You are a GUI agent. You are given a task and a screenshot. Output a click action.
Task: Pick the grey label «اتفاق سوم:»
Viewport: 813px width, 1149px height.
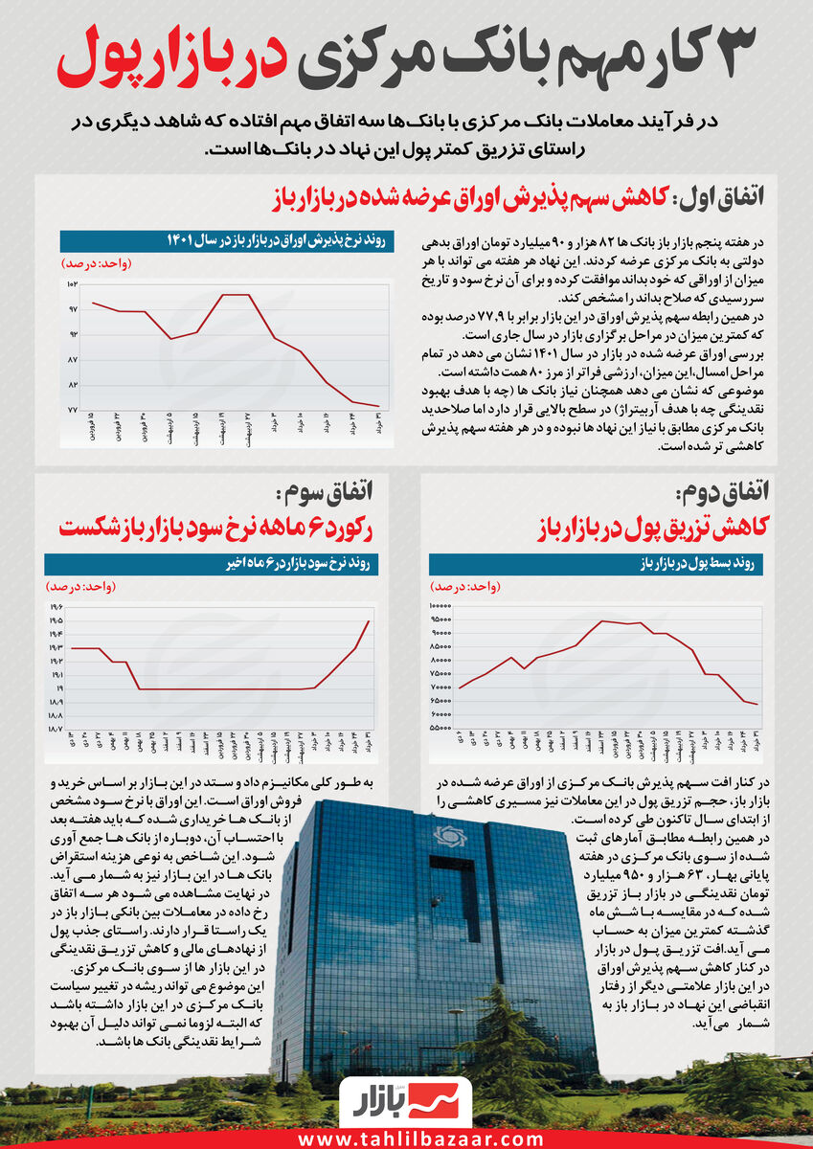pos(327,494)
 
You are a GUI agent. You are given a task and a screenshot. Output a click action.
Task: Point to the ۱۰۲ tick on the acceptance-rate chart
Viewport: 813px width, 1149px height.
pos(72,285)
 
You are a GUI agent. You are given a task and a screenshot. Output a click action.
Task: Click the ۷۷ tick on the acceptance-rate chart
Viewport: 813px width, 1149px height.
pos(72,409)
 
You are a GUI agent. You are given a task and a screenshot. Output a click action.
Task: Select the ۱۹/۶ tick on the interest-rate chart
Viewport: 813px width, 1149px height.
pos(56,607)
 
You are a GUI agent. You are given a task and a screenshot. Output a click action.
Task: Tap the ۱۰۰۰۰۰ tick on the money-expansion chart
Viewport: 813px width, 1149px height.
pos(439,606)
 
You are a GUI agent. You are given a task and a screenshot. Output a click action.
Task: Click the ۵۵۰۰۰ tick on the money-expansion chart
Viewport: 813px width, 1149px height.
pos(440,728)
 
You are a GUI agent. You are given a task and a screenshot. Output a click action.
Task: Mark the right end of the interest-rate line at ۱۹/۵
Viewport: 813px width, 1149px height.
pos(369,621)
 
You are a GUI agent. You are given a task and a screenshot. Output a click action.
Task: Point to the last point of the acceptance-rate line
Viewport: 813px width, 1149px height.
pos(379,407)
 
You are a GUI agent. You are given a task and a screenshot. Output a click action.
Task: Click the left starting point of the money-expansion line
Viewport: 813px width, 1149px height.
pos(461,687)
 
